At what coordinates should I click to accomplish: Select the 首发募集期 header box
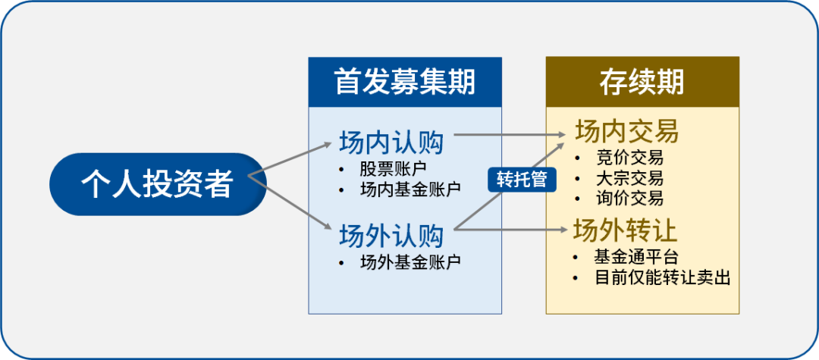405,81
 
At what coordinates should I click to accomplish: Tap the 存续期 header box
642,81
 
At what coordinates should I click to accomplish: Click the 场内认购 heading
391,142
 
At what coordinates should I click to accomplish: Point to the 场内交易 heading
626,133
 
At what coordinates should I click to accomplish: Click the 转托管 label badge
521,180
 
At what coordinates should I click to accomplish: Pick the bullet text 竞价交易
629,158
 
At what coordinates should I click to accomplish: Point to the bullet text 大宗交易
629,179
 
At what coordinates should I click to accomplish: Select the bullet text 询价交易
629,199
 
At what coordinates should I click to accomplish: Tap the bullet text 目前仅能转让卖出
662,277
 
